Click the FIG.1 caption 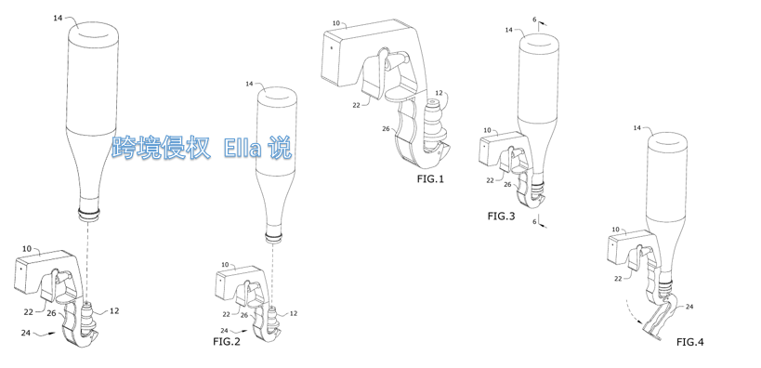pyautogui.click(x=430, y=179)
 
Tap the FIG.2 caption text pyautogui.click(x=227, y=341)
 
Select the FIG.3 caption pyautogui.click(x=501, y=216)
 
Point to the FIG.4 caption pyautogui.click(x=689, y=342)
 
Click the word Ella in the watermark pyautogui.click(x=243, y=148)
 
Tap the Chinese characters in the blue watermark pyautogui.click(x=161, y=148)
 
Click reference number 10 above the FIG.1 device pyautogui.click(x=336, y=23)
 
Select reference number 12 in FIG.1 pyautogui.click(x=439, y=92)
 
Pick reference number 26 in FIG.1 pyautogui.click(x=387, y=128)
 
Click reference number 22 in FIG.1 pyautogui.click(x=357, y=105)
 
